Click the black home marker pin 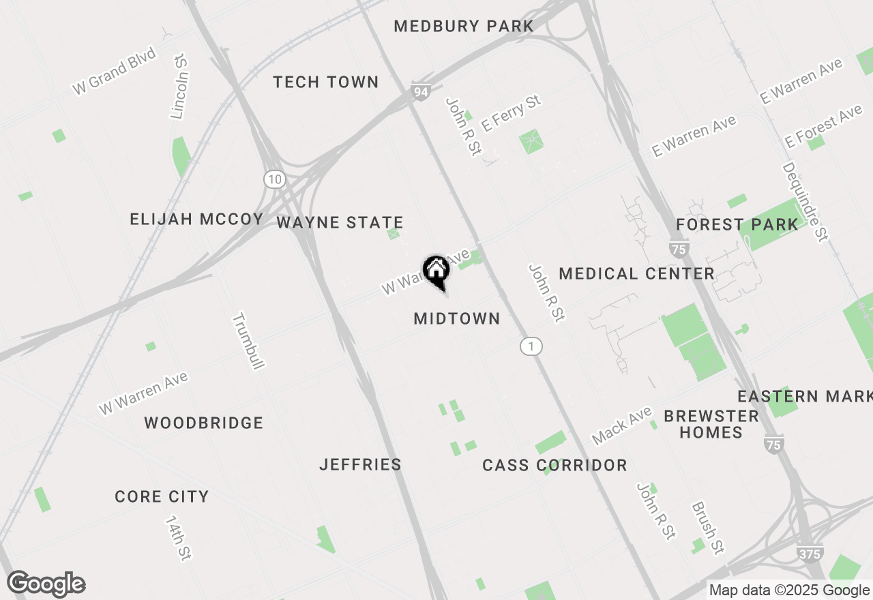(436, 271)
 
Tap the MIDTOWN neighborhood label (457, 318)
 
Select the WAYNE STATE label (340, 223)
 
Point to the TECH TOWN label (325, 82)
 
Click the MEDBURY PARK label (464, 27)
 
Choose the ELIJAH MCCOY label (196, 220)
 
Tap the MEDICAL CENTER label (636, 274)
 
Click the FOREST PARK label (737, 225)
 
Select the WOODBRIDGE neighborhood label (203, 423)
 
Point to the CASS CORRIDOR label (554, 466)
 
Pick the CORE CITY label (162, 497)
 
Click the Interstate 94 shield (420, 91)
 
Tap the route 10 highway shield (274, 179)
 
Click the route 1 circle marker (531, 346)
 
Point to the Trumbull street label (248, 341)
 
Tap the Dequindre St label (805, 201)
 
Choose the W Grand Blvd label (115, 70)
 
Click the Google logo (46, 584)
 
